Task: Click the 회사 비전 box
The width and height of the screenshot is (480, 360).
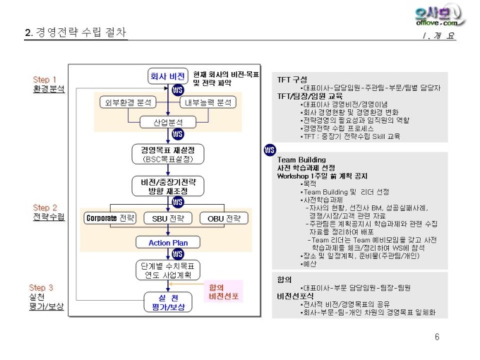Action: click(x=167, y=76)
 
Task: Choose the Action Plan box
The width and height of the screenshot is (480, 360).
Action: click(x=168, y=242)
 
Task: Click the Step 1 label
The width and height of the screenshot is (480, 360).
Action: click(x=45, y=80)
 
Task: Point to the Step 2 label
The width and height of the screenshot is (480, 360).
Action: click(x=45, y=208)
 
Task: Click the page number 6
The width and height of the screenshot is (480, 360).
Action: click(x=437, y=337)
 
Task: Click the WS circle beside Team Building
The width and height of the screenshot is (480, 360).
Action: click(x=269, y=150)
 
